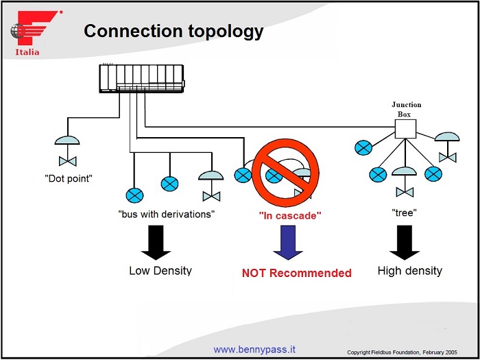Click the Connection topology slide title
click(x=173, y=31)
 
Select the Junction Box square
click(x=405, y=129)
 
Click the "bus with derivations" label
click(x=167, y=213)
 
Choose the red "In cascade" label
click(x=290, y=215)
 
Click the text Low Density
click(x=160, y=270)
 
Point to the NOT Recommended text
click(x=296, y=273)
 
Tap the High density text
click(x=410, y=271)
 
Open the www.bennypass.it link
click(x=254, y=349)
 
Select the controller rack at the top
click(x=142, y=78)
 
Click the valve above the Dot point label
click(x=67, y=160)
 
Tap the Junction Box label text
click(x=406, y=109)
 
